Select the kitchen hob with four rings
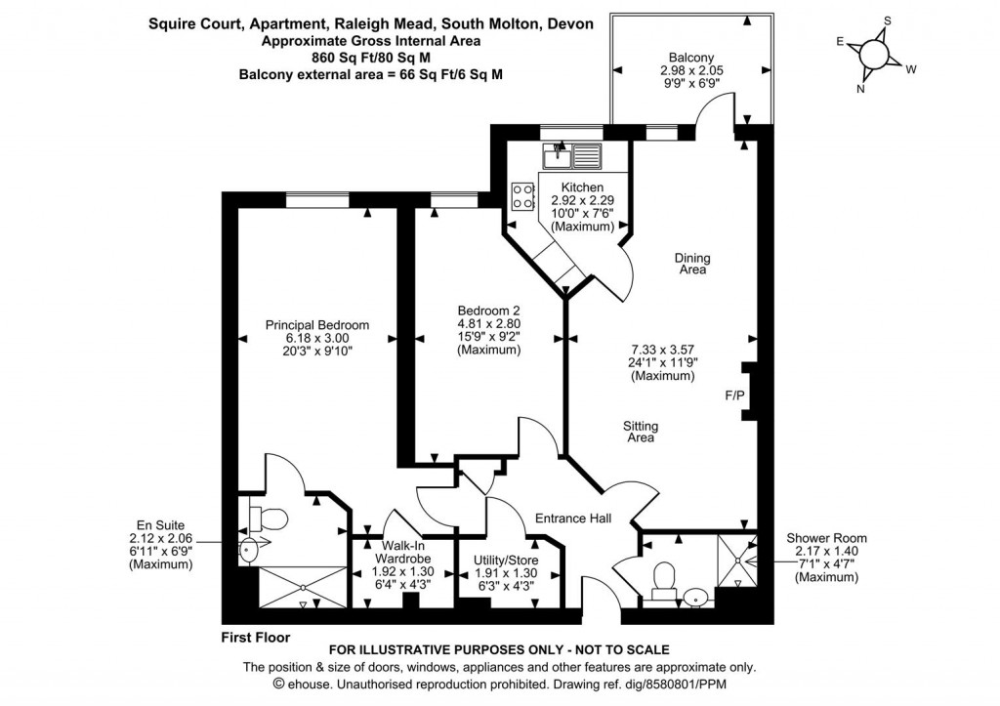521,195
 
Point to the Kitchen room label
582,187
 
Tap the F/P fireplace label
733,395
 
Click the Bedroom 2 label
489,311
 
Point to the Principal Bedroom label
317,325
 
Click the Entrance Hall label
572,519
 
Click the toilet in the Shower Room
663,577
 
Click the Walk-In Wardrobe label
395,553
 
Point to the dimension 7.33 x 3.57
664,349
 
